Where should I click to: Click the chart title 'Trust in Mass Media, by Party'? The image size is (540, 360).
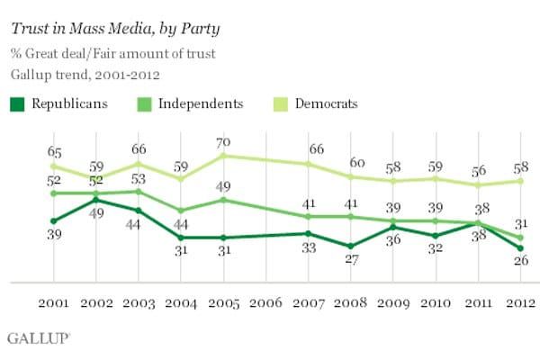pyautogui.click(x=116, y=29)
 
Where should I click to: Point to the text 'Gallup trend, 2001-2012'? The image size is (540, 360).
pyautogui.click(x=87, y=72)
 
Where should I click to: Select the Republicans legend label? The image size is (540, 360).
pyautogui.click(x=69, y=103)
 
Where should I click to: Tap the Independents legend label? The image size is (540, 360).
pyautogui.click(x=200, y=103)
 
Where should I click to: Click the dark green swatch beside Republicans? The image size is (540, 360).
pyautogui.click(x=17, y=103)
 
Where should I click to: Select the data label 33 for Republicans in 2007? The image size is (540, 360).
pyautogui.click(x=309, y=248)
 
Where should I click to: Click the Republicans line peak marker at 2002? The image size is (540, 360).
pyautogui.click(x=95, y=200)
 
